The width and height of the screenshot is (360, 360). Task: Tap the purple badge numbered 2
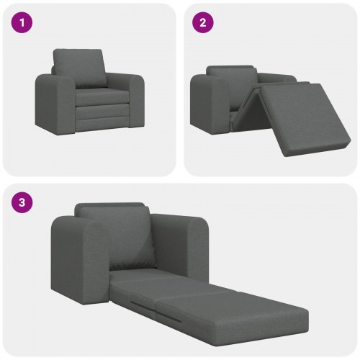click(202, 23)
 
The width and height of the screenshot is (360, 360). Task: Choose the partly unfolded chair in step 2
click(266, 108)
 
